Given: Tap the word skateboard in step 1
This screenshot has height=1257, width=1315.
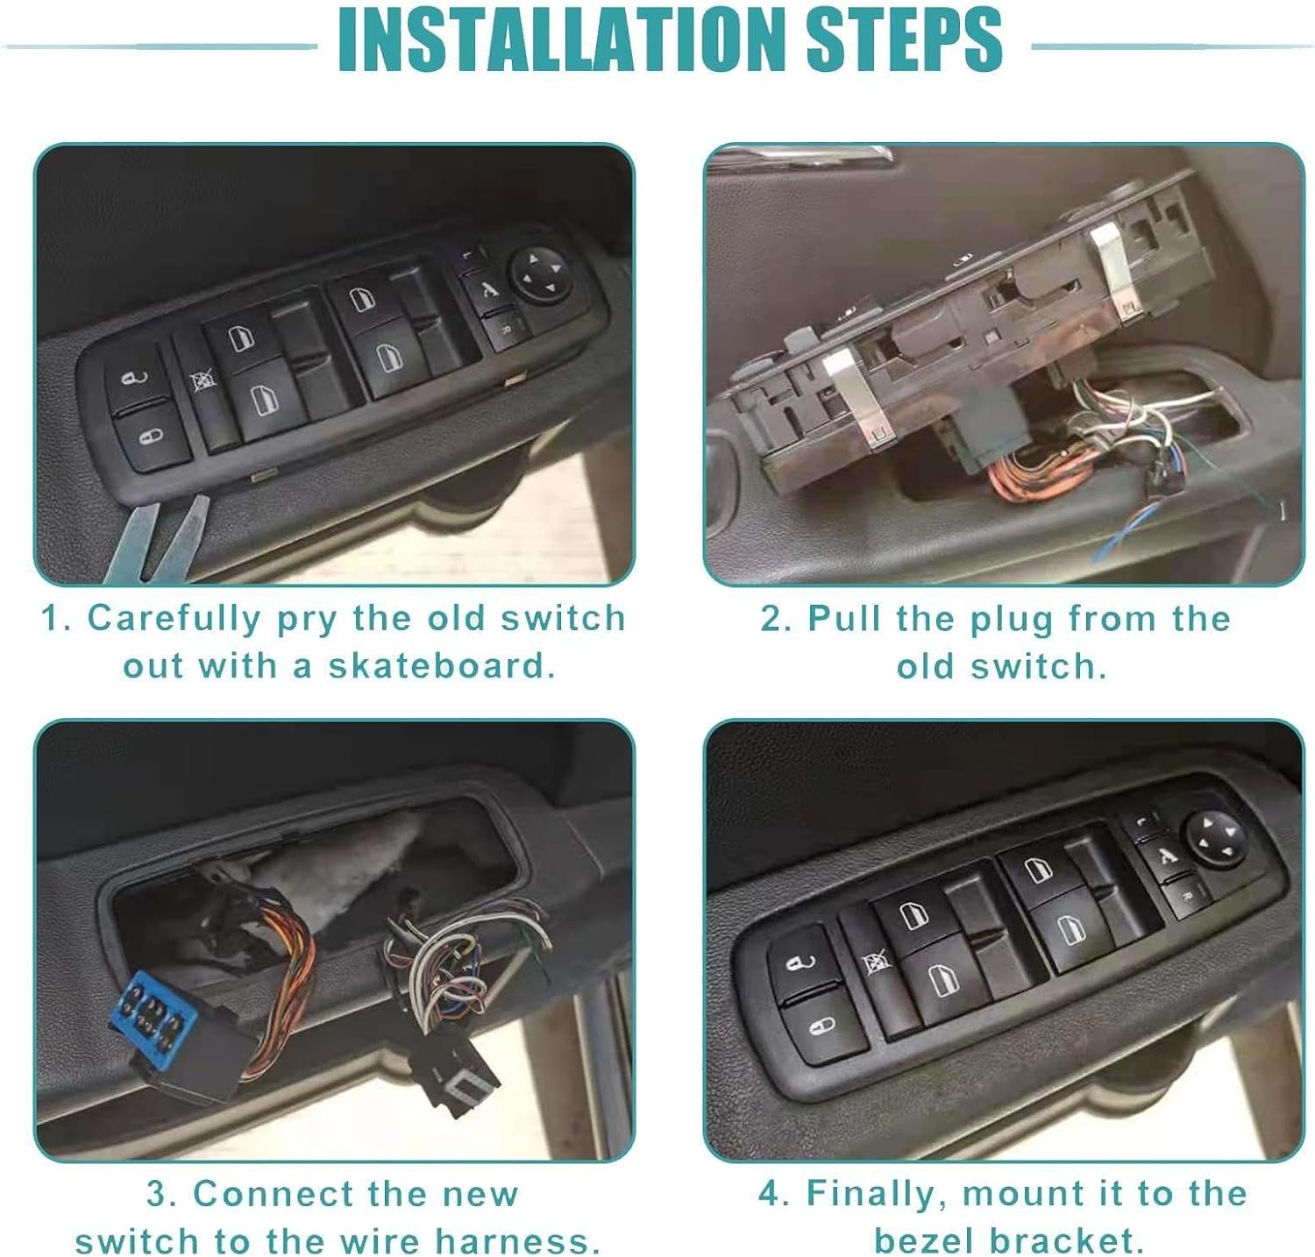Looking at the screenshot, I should click(x=442, y=666).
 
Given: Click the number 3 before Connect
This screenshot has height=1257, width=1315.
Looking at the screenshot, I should click(x=157, y=1194).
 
